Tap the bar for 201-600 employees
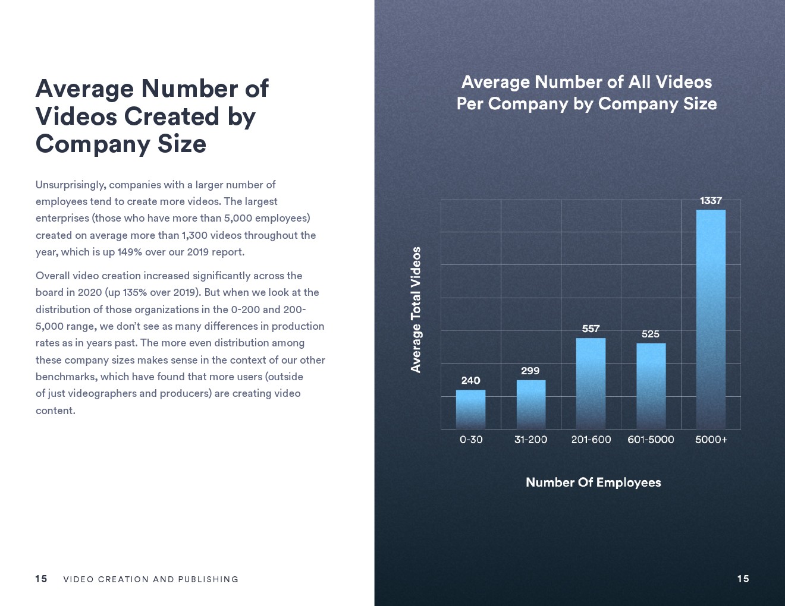click(x=591, y=383)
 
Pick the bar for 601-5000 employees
click(x=651, y=386)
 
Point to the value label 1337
click(x=711, y=201)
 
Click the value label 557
click(x=591, y=329)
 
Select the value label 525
click(x=651, y=334)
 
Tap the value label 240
click(x=470, y=380)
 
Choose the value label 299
click(x=530, y=371)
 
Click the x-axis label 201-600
click(x=591, y=440)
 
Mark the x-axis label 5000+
click(x=711, y=440)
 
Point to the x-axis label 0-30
click(x=471, y=440)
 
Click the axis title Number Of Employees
click(x=593, y=482)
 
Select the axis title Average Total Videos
click(x=416, y=310)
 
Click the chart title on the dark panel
click(x=586, y=93)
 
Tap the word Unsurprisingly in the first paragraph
click(x=71, y=185)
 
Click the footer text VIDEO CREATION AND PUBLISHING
click(x=150, y=579)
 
